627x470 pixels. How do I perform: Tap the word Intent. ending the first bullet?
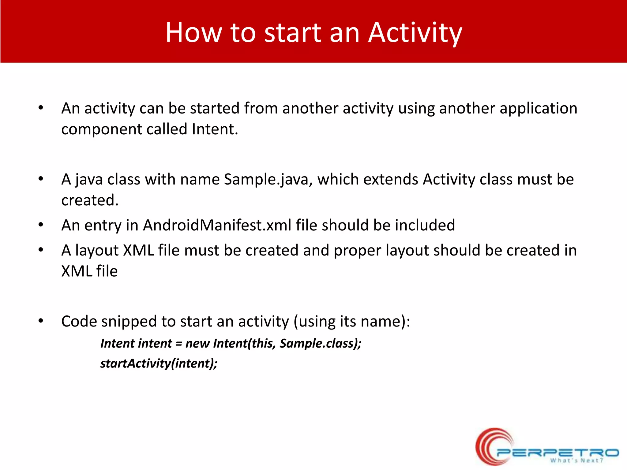click(x=215, y=129)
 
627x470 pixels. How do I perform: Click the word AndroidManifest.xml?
click(x=217, y=225)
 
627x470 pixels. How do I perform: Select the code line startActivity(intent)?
click(x=159, y=364)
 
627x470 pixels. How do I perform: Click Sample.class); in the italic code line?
click(x=321, y=343)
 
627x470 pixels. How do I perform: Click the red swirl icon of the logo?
click(x=491, y=447)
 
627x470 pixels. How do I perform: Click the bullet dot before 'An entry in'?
click(x=41, y=225)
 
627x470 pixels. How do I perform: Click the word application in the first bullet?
click(x=538, y=108)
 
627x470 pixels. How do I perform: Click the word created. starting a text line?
click(x=90, y=200)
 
